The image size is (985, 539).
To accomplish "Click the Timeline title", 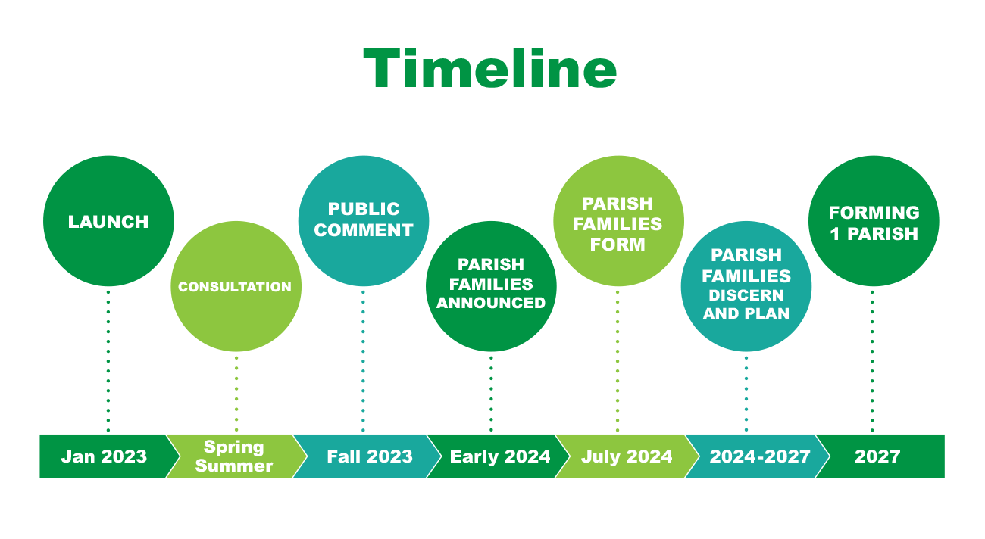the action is [x=490, y=69].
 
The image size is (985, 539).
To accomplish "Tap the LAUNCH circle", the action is [x=108, y=221].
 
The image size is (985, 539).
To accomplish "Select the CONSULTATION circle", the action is [x=236, y=286].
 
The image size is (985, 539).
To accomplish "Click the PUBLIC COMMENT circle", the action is [x=364, y=221].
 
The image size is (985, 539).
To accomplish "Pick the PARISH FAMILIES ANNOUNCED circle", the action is [x=491, y=286].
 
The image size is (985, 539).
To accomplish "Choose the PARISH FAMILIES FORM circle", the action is [x=619, y=221].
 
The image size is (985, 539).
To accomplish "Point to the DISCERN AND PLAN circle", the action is [x=746, y=286].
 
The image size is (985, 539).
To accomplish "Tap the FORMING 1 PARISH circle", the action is [x=874, y=221].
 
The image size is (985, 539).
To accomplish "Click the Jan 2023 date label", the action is [x=104, y=456].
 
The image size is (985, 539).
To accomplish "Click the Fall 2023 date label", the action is [x=370, y=456].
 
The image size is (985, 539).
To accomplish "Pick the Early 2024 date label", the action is [x=500, y=456].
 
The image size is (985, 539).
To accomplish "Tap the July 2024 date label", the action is [x=627, y=456].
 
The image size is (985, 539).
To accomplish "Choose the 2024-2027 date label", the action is [x=760, y=456].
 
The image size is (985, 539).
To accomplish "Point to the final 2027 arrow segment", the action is [x=880, y=456].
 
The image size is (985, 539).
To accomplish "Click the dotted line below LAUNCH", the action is [x=108, y=361].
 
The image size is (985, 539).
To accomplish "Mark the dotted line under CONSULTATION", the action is [x=236, y=394].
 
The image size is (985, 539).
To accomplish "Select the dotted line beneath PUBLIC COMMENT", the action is [x=363, y=361].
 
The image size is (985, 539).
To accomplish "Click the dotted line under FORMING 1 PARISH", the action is [x=872, y=361].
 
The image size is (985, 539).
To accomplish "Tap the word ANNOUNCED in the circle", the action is [x=491, y=303].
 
